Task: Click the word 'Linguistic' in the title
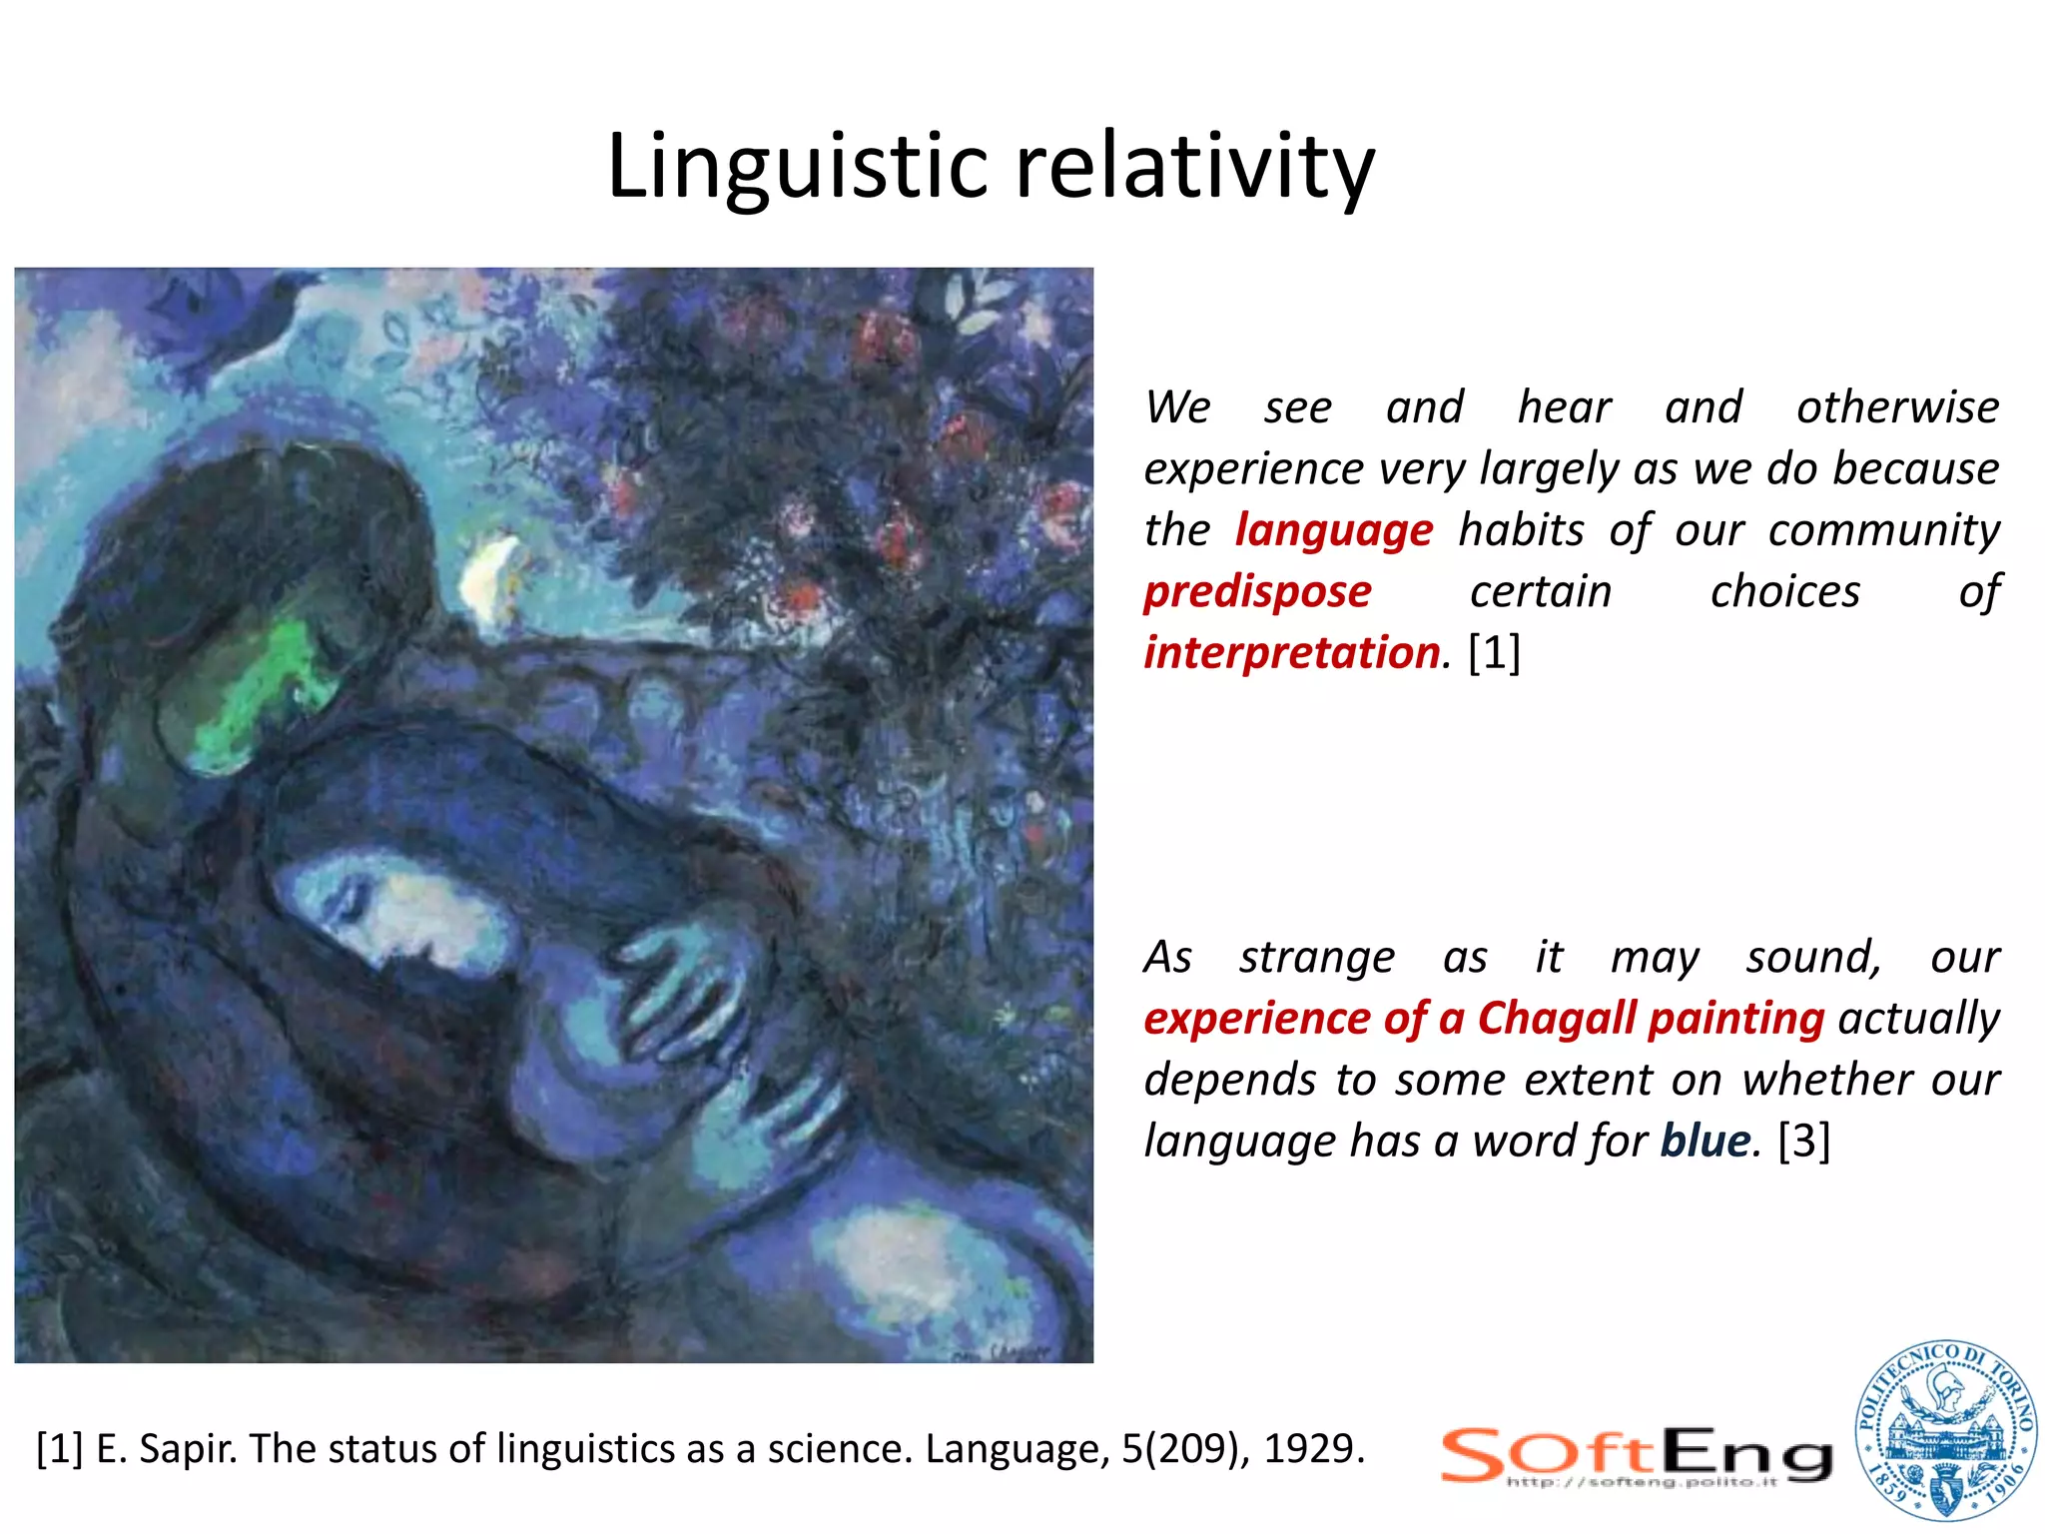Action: (x=796, y=167)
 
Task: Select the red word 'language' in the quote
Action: (x=1334, y=530)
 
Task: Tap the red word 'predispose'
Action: (x=1257, y=592)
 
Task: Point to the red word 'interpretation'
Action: (x=1293, y=653)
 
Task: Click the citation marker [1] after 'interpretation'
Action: (x=1494, y=653)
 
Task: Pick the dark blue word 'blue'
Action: (x=1705, y=1141)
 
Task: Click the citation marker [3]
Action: (x=1804, y=1141)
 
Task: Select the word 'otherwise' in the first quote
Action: (x=1897, y=407)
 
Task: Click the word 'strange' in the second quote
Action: (x=1316, y=957)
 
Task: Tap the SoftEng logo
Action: (x=1636, y=1456)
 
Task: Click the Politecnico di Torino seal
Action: (x=1944, y=1430)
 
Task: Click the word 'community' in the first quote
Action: (x=1883, y=530)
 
